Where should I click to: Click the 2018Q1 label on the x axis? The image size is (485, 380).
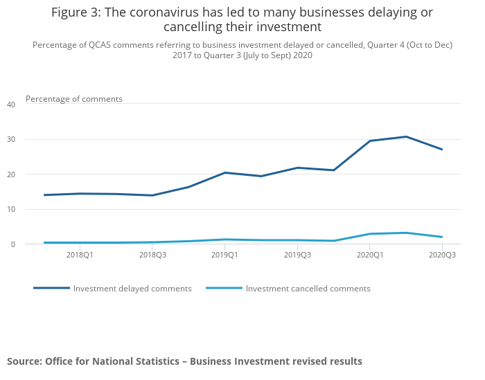[x=80, y=255]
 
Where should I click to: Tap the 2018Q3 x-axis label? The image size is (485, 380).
[x=152, y=255]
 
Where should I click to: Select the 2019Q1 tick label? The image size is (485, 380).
[x=224, y=255]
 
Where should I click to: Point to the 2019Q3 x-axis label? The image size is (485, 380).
[x=297, y=255]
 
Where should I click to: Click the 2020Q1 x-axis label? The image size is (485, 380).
[x=370, y=255]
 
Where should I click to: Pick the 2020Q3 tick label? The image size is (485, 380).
[x=442, y=255]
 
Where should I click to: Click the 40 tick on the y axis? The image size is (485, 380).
[x=11, y=105]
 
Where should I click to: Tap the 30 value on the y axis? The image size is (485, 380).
[x=11, y=139]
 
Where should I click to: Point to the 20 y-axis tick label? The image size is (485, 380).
[x=11, y=174]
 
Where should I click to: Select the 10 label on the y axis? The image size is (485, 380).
[x=11, y=209]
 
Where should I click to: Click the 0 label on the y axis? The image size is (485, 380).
[x=13, y=244]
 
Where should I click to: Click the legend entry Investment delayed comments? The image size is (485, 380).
[x=132, y=289]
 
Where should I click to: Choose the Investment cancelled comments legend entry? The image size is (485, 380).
[x=308, y=289]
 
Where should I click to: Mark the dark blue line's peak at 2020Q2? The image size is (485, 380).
[x=406, y=136]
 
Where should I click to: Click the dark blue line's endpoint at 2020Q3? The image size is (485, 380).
[x=442, y=150]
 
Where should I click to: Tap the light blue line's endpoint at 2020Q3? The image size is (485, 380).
[x=442, y=237]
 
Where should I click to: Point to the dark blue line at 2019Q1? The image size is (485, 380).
[x=224, y=172]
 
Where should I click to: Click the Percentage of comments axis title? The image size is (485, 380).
[x=74, y=99]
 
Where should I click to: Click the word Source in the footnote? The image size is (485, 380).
[x=24, y=361]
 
